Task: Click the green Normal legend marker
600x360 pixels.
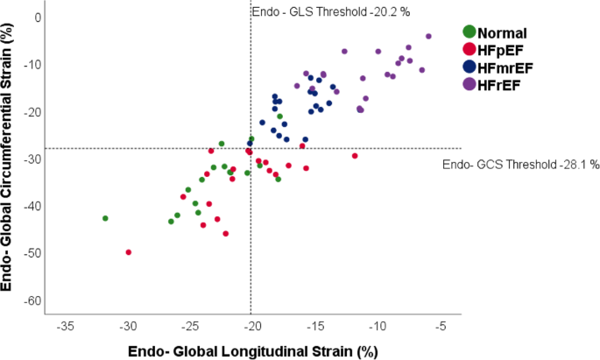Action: coord(469,34)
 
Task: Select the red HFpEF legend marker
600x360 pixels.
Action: coord(469,51)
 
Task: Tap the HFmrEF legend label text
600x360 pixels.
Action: coord(509,67)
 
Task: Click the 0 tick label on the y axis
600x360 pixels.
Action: coord(37,18)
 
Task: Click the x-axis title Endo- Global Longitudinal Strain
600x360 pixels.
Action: coord(252,350)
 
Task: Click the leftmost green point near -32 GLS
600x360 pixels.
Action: coord(105,218)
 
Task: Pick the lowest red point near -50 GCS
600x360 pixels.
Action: coord(129,252)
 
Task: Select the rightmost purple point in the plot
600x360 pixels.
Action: coord(428,36)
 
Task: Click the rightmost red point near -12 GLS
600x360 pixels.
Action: coord(355,156)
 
